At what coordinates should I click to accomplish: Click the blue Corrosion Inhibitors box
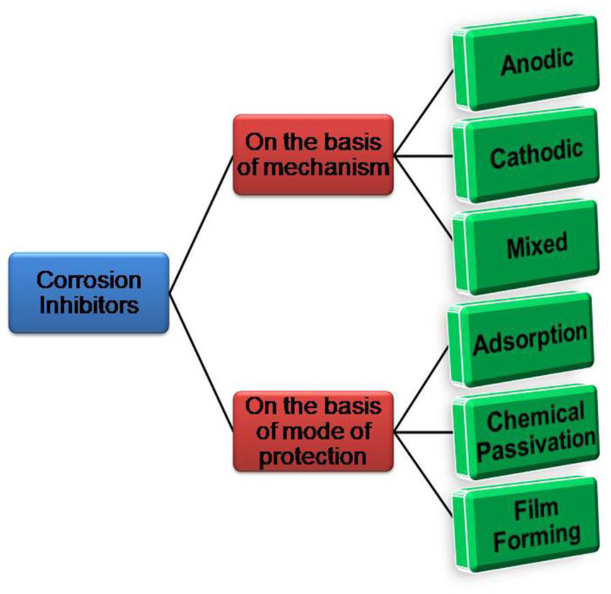pos(89,293)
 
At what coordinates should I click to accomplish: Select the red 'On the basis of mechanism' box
pos(313,154)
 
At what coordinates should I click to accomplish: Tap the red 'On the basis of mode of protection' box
pos(313,431)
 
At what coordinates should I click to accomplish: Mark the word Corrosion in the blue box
pos(89,280)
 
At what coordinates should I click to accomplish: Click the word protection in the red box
pos(313,455)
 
